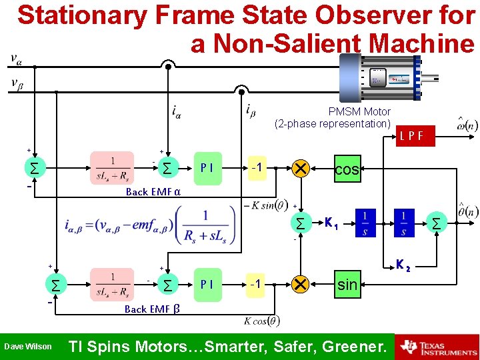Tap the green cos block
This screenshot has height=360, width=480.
tap(347, 169)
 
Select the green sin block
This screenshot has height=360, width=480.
tap(347, 285)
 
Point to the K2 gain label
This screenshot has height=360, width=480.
tap(403, 265)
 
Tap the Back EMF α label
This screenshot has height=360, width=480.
tap(153, 192)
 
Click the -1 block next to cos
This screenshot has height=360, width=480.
tap(257, 167)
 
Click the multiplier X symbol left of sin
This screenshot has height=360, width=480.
tap(300, 285)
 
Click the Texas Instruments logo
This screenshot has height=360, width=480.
tap(437, 347)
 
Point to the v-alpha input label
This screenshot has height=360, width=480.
tap(15, 60)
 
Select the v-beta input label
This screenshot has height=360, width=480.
tap(15, 83)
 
